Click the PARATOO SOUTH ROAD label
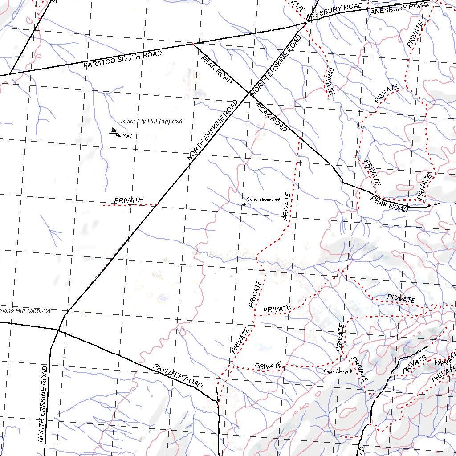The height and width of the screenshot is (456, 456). (122, 59)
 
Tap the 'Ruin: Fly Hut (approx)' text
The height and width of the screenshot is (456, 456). (151, 121)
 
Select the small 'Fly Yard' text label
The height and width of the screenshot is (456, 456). (123, 136)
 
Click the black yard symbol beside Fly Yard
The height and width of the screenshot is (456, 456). (114, 131)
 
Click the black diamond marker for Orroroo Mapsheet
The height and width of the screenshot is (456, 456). (244, 204)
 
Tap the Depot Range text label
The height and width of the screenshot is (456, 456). (336, 371)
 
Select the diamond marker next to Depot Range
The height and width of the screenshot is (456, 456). (351, 370)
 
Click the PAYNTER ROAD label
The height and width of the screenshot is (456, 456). (178, 375)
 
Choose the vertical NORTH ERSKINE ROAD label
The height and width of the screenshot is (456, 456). (43, 403)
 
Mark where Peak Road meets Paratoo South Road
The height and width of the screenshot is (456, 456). (192, 44)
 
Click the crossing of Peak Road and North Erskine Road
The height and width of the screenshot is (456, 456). (248, 93)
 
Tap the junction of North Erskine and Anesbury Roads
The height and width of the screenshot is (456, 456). (306, 21)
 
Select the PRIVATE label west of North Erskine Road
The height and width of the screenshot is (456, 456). (129, 200)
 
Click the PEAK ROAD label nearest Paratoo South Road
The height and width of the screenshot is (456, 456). (216, 70)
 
